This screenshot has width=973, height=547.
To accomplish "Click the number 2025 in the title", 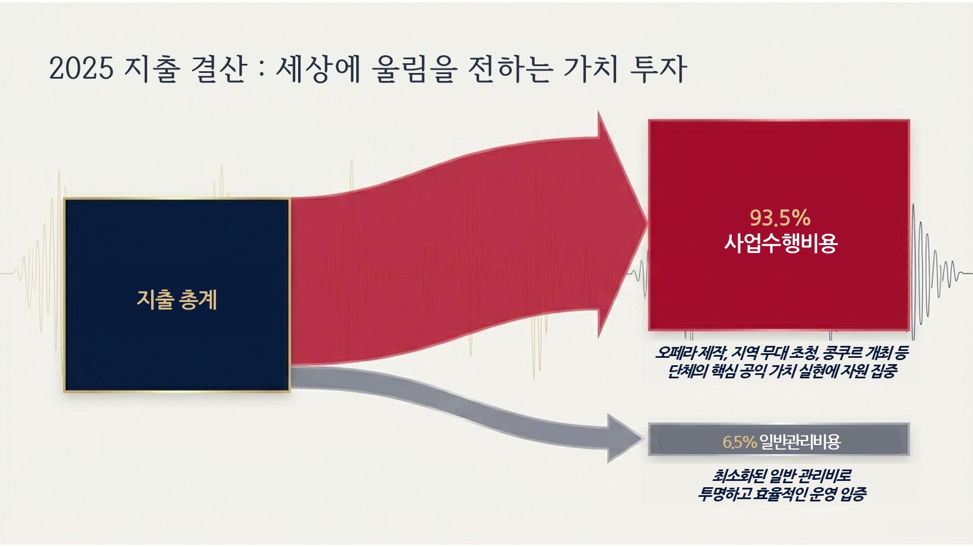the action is [x=82, y=68].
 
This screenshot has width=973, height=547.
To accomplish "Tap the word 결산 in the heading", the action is [x=219, y=68].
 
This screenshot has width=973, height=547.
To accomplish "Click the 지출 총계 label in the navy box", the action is [x=177, y=300].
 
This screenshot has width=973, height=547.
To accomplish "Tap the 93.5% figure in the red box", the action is [x=780, y=218].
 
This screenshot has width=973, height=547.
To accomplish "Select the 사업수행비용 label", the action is [x=780, y=243].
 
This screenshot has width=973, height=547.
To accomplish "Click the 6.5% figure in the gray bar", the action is [x=739, y=442].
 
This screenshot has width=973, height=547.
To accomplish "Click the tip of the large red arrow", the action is [x=647, y=224].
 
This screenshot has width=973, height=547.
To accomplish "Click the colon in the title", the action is [x=261, y=70].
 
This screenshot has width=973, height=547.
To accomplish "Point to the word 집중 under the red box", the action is [x=883, y=372].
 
